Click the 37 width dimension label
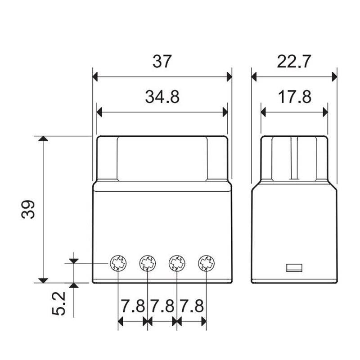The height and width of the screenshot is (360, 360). click(162, 61)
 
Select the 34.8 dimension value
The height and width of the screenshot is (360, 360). click(162, 97)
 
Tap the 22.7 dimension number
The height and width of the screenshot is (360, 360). click(294, 61)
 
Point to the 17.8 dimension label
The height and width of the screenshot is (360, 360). click(295, 97)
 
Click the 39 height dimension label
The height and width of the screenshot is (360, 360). click(28, 209)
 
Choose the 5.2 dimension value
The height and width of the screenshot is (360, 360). click(58, 303)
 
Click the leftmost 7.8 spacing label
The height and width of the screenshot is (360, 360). click(133, 306)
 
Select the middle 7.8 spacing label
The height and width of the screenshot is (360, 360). click(162, 306)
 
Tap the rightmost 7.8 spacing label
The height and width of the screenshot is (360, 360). click(192, 306)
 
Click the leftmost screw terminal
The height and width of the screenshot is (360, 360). click(118, 263)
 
